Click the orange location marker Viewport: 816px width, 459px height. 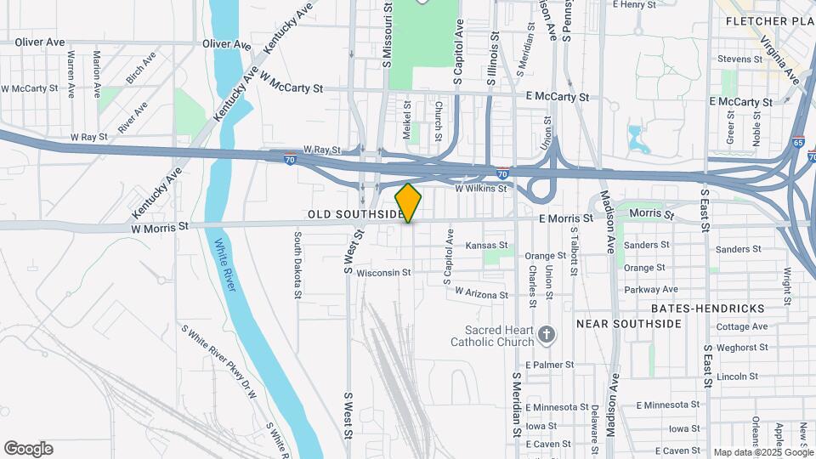[x=409, y=202]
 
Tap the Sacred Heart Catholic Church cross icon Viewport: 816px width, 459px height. [x=547, y=335]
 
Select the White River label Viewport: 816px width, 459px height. [x=224, y=264]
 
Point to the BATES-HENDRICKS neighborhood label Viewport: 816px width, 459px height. [x=708, y=308]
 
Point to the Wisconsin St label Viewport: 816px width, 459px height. [x=383, y=273]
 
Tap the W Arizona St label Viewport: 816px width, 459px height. [x=482, y=293]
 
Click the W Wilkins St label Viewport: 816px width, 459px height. [x=482, y=189]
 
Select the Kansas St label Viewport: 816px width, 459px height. [x=487, y=245]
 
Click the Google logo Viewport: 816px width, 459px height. [x=28, y=449]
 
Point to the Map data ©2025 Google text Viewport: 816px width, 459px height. [x=762, y=452]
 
